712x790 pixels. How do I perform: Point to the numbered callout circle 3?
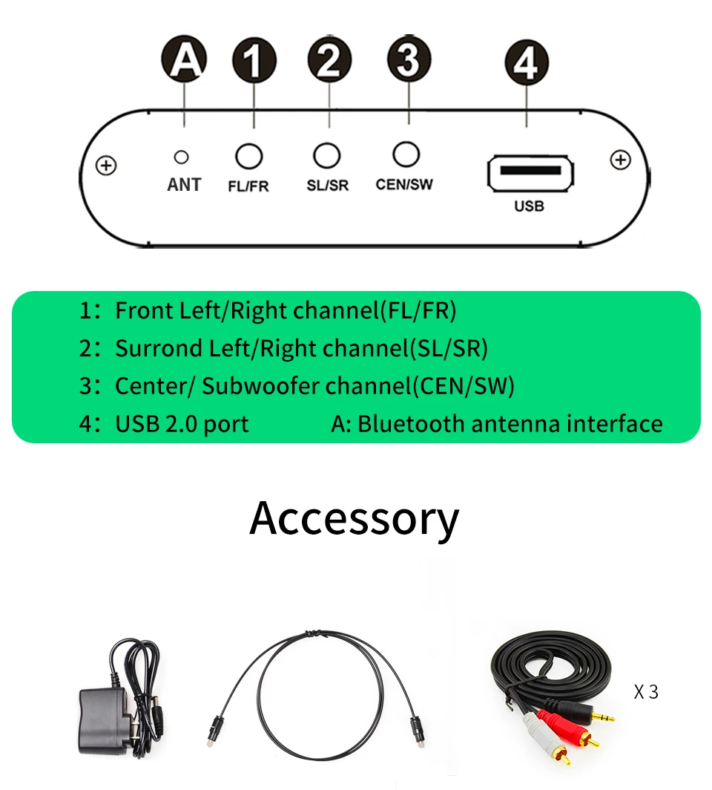pyautogui.click(x=407, y=60)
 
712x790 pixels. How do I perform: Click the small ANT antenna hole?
pyautogui.click(x=180, y=157)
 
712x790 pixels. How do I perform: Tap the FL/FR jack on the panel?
pyautogui.click(x=249, y=156)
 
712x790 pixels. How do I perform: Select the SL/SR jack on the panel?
pyautogui.click(x=327, y=155)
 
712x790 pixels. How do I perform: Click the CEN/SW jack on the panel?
pyautogui.click(x=406, y=154)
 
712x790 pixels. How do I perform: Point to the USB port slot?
pyautogui.click(x=531, y=171)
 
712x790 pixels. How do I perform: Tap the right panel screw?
pyautogui.click(x=619, y=160)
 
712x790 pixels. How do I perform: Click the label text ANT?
pyautogui.click(x=184, y=184)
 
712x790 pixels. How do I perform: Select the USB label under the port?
pyautogui.click(x=529, y=206)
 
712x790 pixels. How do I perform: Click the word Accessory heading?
pyautogui.click(x=355, y=518)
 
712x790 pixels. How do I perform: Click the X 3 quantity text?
pyautogui.click(x=646, y=692)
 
